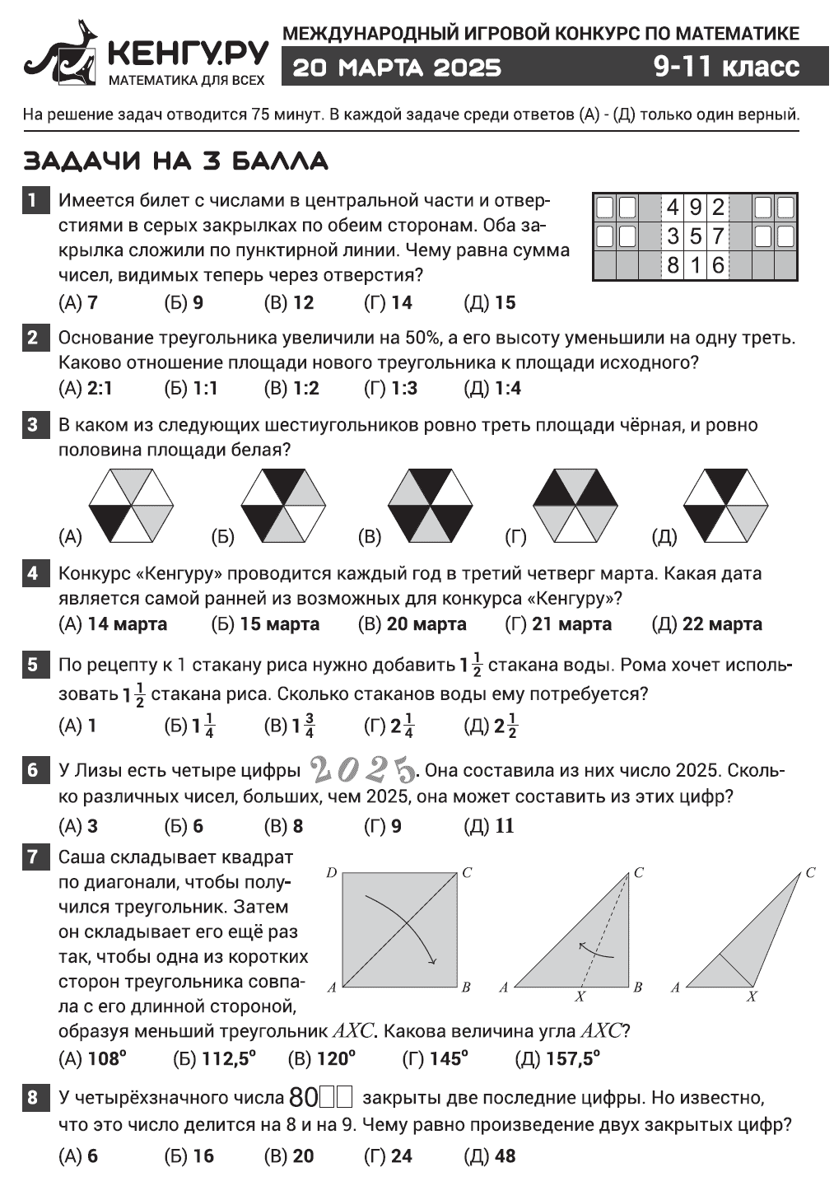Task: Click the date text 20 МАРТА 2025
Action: (397, 67)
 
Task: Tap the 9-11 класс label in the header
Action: (726, 66)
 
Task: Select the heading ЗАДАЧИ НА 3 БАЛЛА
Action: (176, 160)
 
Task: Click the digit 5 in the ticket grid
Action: (695, 237)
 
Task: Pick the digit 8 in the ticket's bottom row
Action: (673, 265)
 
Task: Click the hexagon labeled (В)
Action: (430, 506)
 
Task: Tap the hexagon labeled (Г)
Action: (575, 506)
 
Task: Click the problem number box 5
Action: (33, 665)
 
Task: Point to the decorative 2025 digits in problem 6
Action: (362, 770)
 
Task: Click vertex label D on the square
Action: (331, 872)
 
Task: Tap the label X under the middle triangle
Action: (580, 997)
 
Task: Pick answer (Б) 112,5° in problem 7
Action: (215, 1059)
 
